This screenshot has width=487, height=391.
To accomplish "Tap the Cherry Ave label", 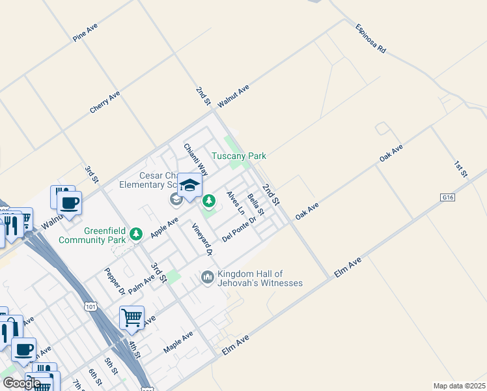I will (105, 102).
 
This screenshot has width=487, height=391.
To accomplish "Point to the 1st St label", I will (461, 166).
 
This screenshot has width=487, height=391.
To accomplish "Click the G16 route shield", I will (447, 197).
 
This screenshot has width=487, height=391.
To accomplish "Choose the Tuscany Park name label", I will (239, 156).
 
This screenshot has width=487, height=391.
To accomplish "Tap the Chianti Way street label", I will (195, 160).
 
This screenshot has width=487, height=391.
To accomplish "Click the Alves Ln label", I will (236, 203).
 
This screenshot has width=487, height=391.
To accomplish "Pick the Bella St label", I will (256, 204).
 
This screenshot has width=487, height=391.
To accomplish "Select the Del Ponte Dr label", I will (240, 229).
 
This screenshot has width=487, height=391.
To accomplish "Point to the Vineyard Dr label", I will (202, 239).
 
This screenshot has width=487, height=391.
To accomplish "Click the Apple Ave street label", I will (164, 227).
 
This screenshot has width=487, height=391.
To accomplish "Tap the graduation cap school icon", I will (189, 186).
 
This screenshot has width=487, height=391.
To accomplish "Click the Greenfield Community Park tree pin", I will (136, 233).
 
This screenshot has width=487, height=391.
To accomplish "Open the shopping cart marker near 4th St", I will (132, 318).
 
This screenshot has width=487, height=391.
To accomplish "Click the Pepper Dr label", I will (115, 281).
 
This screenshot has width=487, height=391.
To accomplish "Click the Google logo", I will (21, 383).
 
